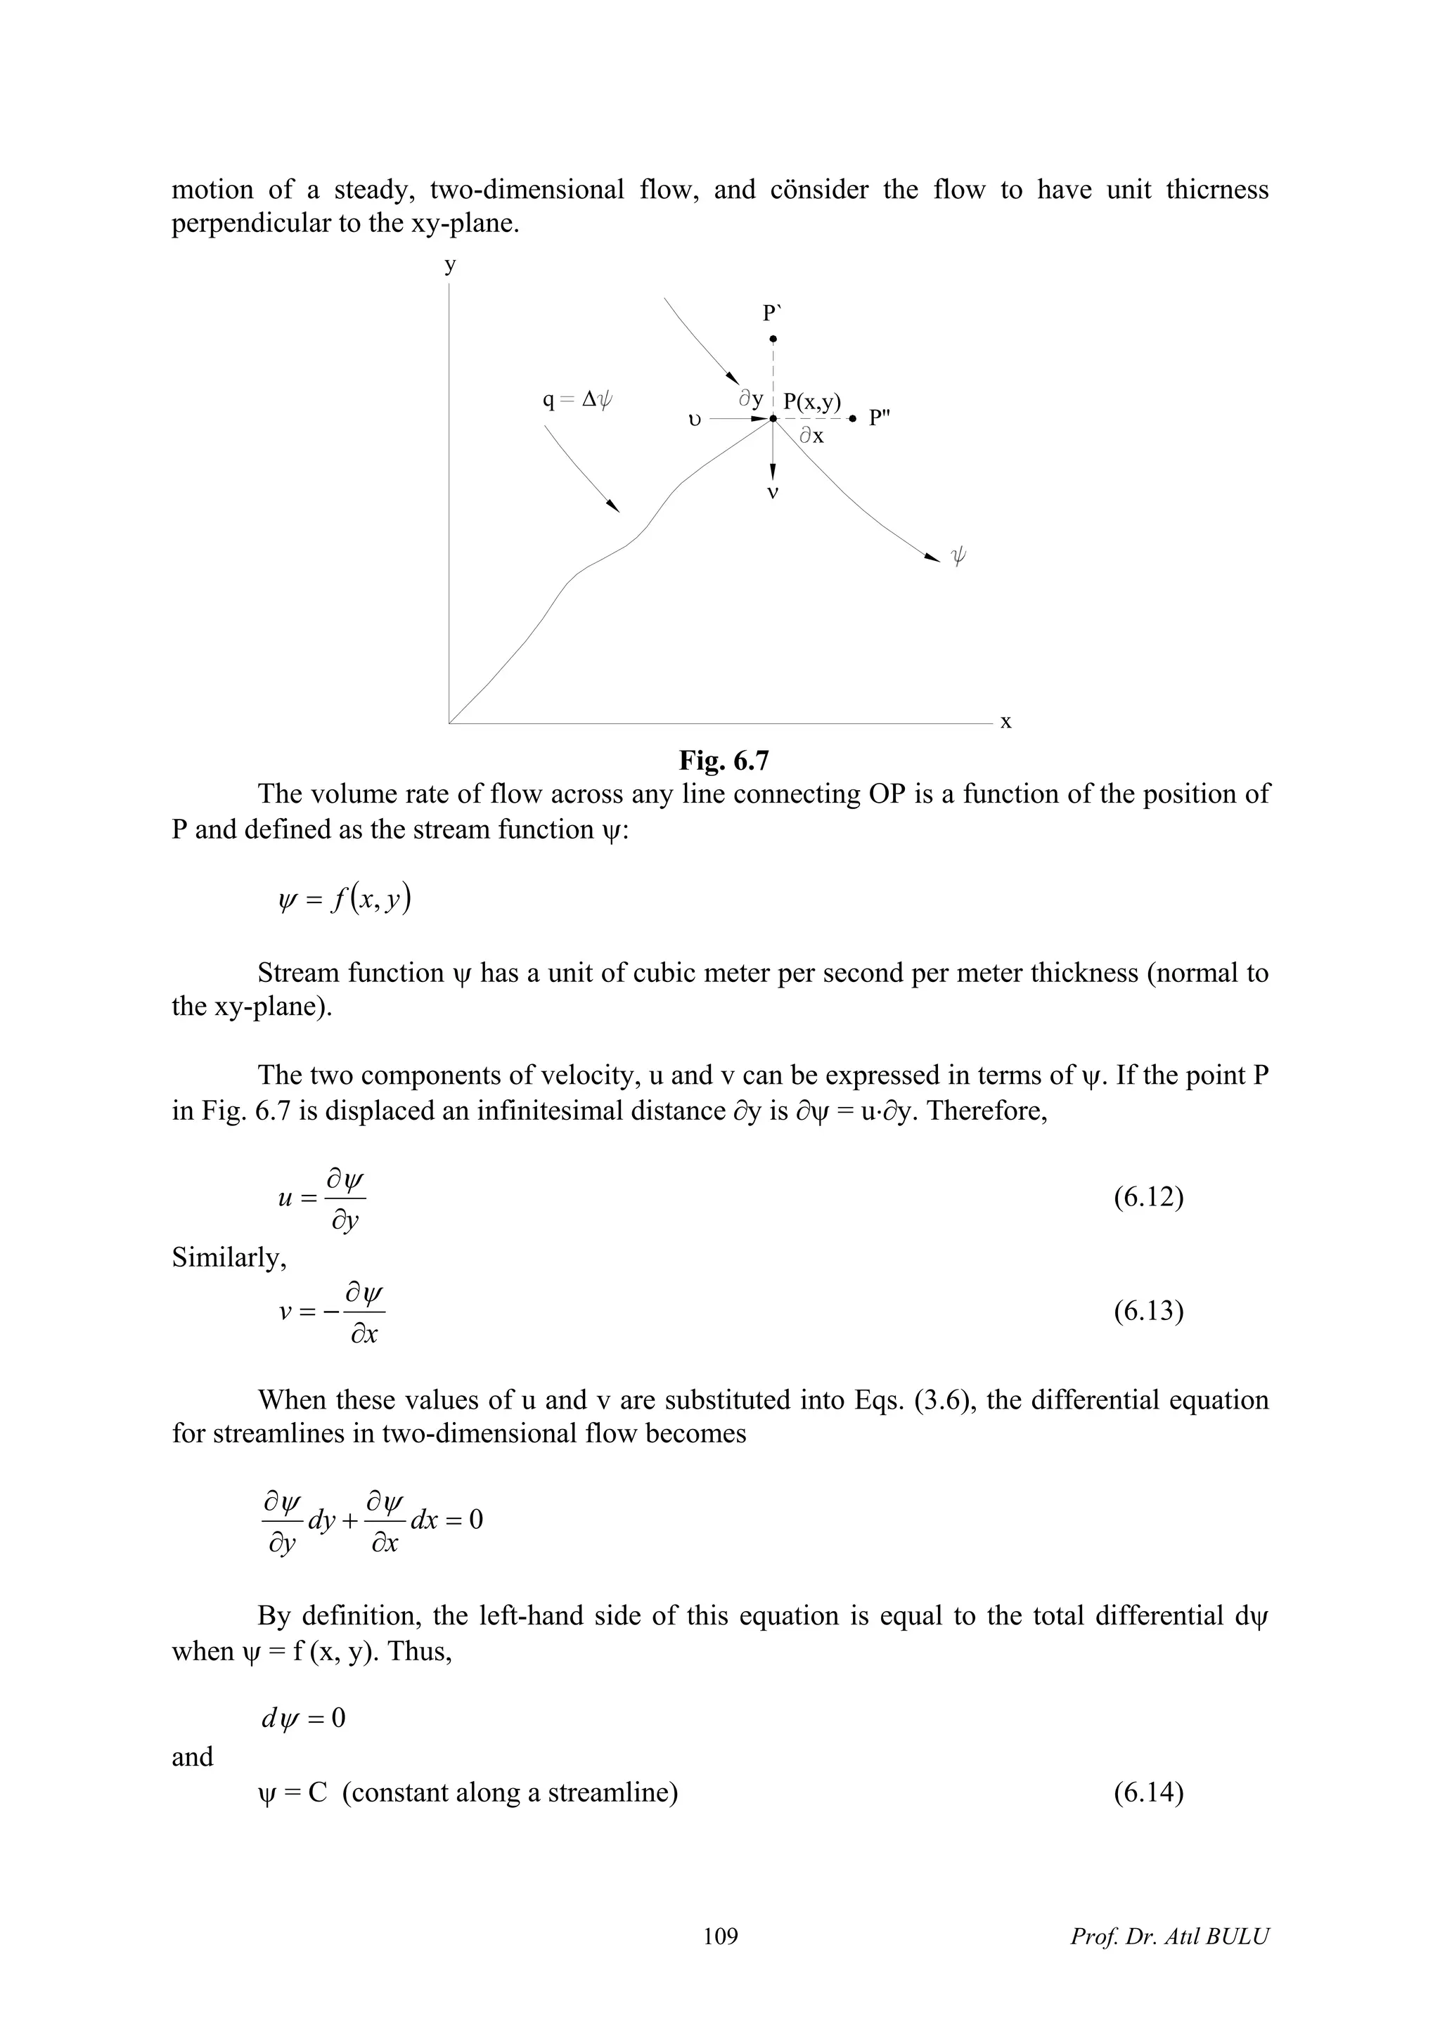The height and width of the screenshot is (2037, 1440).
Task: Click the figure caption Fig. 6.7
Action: (723, 761)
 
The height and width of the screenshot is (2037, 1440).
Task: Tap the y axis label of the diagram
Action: (451, 264)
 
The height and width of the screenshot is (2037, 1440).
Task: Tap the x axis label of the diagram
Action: (1005, 721)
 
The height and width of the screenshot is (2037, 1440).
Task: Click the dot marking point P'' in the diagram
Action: (853, 418)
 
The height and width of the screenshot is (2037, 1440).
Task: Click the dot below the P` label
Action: (773, 339)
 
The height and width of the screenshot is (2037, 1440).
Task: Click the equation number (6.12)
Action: (1148, 1198)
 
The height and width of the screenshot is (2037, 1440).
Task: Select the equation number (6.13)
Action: (1148, 1312)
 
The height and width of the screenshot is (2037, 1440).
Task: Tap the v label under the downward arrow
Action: (773, 491)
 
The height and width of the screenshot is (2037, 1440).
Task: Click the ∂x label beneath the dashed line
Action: (811, 436)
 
